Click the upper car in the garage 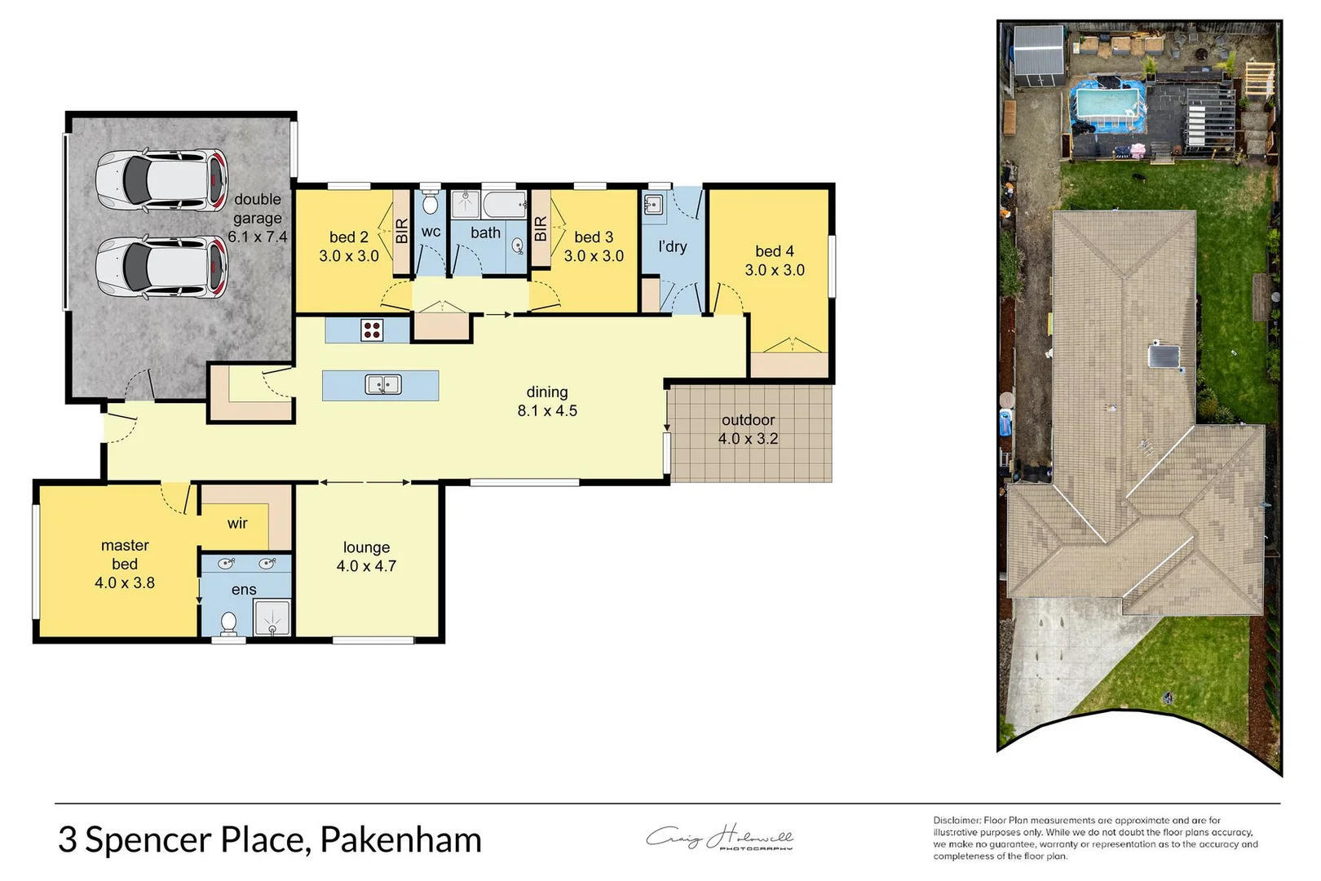pos(161,179)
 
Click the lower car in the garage pos(161,267)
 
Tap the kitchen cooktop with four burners pos(373,330)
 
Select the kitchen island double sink pos(382,384)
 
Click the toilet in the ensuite pos(229,623)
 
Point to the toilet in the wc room pos(431,203)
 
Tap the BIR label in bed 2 pos(401,231)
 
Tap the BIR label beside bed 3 pos(540,228)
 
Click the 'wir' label pos(237,523)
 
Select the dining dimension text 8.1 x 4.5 pos(547,411)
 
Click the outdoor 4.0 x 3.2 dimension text pos(748,439)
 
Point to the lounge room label pos(366,547)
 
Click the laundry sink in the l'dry pos(653,204)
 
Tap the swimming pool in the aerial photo pos(1107,104)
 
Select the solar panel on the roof pos(1164,356)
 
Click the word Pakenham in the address pos(400,840)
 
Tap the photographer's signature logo pos(719,838)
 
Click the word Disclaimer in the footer pos(957,820)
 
